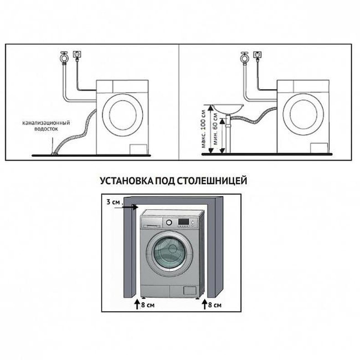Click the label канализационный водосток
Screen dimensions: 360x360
[46, 126]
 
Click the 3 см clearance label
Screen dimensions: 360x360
[114, 202]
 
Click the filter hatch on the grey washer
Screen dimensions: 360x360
[190, 290]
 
